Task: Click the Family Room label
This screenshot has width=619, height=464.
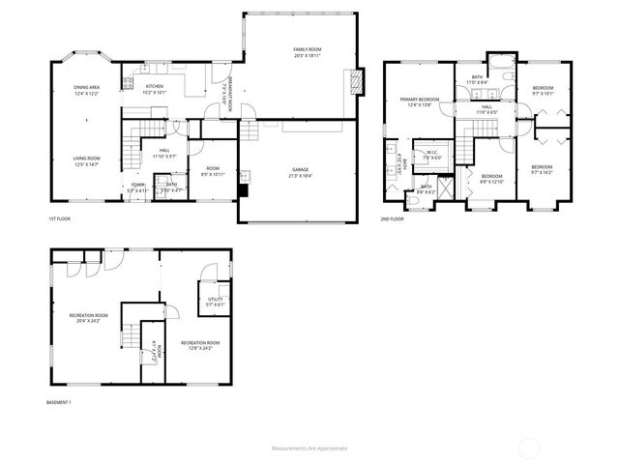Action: click(308, 51)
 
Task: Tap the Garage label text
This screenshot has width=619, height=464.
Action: click(301, 171)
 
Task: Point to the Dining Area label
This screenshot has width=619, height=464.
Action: click(87, 90)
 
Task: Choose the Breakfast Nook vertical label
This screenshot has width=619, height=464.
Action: click(222, 93)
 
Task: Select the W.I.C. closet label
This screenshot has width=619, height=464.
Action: click(433, 156)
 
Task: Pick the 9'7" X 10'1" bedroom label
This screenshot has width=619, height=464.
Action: click(542, 92)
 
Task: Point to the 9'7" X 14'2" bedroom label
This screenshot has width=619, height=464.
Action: click(541, 170)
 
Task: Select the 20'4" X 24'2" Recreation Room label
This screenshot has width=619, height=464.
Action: click(88, 318)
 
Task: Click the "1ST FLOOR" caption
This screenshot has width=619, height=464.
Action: click(59, 219)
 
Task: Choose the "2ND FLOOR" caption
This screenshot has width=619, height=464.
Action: click(393, 219)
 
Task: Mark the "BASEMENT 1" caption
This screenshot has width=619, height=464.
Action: click(59, 402)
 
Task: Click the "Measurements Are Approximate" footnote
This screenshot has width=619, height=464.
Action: click(309, 449)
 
